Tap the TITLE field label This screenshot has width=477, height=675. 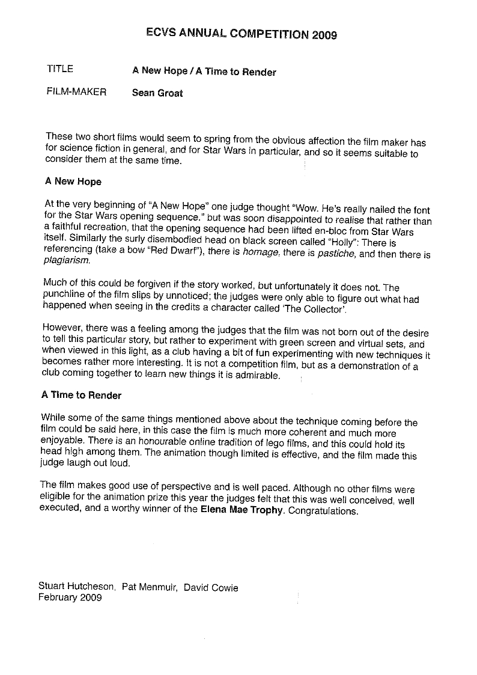(59, 69)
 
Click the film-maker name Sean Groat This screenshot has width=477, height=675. (157, 93)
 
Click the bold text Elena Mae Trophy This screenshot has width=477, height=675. (242, 512)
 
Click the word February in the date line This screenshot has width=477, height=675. (57, 597)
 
